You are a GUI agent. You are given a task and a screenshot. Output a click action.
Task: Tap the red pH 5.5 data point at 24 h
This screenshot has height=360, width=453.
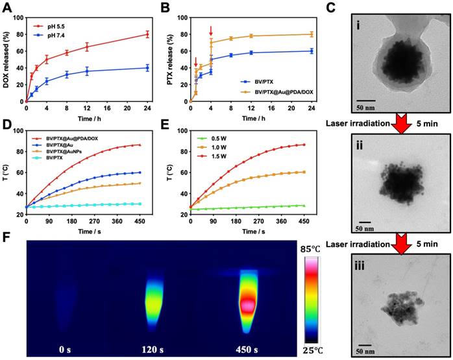click(x=147, y=34)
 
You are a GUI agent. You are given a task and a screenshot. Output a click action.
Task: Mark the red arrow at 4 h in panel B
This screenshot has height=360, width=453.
click(x=211, y=31)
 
